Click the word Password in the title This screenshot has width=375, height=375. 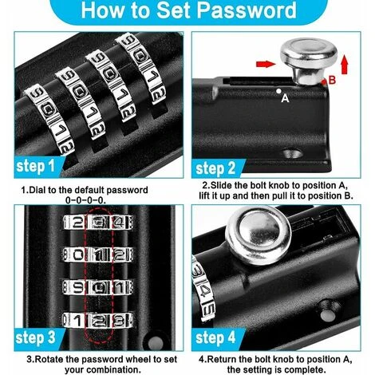[247, 10]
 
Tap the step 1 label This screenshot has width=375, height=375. [35, 166]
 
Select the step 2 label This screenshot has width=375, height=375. [215, 168]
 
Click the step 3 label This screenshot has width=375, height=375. [36, 337]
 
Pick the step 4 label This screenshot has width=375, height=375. [215, 337]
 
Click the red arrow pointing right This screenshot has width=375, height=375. [266, 64]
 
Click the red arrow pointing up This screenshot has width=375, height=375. [345, 64]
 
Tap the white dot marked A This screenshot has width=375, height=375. [278, 91]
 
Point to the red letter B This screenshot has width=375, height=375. [332, 80]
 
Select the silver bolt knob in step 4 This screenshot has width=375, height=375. [259, 231]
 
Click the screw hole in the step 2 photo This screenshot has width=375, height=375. [293, 153]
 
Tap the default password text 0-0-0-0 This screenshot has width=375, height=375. [85, 200]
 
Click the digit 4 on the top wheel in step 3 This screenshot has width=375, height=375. [119, 223]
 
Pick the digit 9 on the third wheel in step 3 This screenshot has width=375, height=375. [77, 287]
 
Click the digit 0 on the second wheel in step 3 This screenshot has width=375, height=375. [77, 255]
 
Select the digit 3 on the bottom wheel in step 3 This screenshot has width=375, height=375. [119, 321]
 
